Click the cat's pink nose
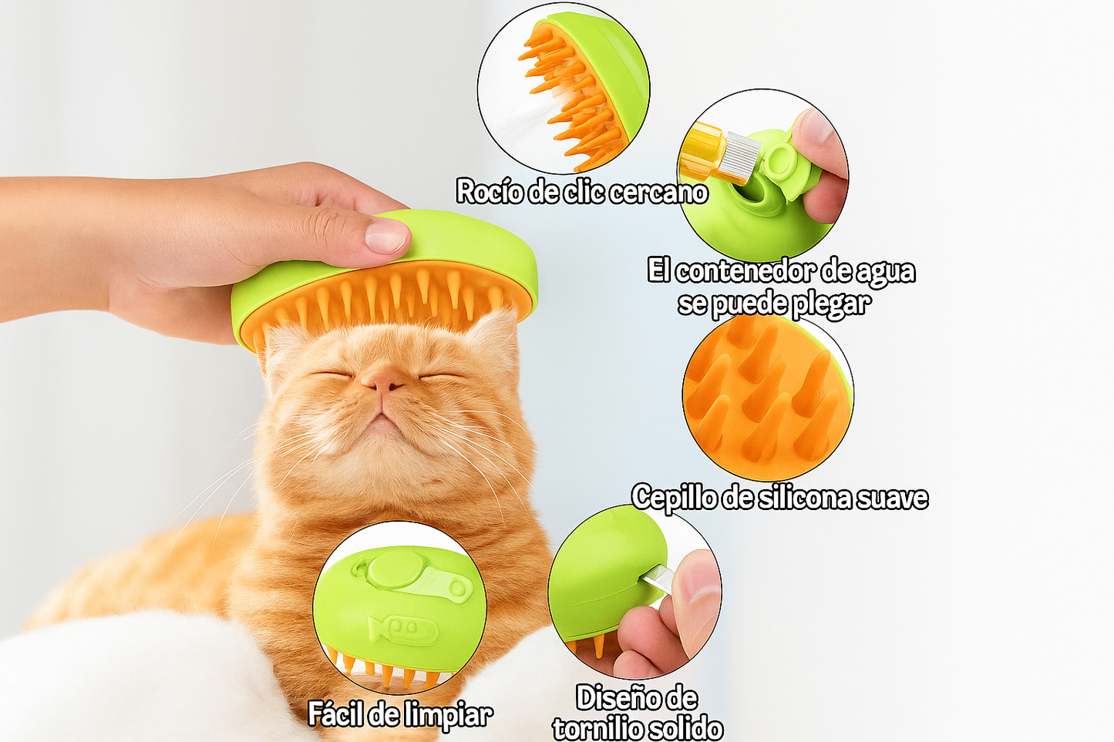(382, 378)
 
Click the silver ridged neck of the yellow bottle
(742, 154)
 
